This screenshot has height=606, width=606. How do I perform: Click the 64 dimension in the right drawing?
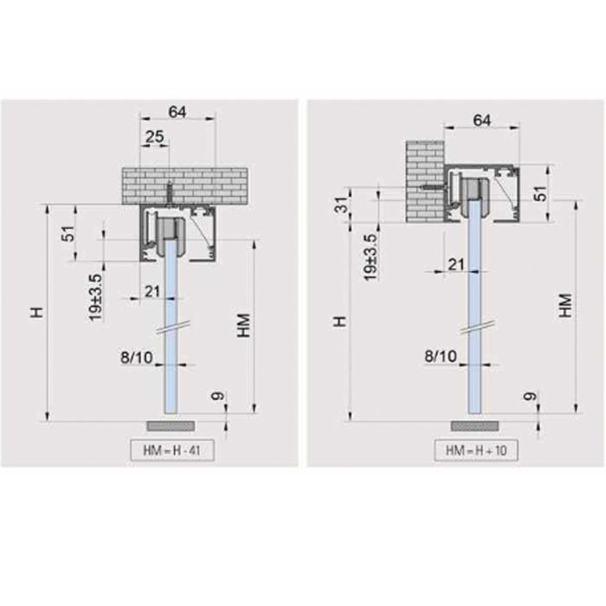[x=484, y=121]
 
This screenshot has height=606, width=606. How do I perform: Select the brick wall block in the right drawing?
[x=423, y=182]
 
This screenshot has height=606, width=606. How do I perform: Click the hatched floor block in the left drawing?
[x=171, y=427]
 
